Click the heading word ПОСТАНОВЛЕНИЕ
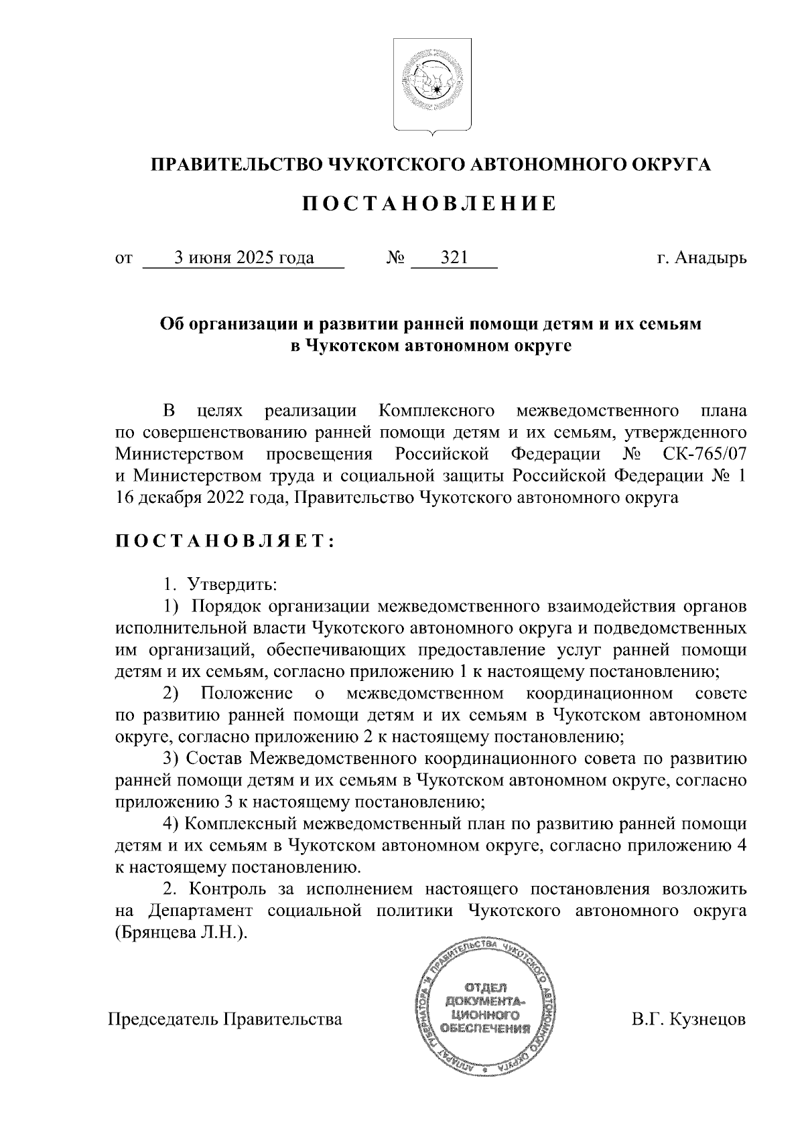tap(429, 204)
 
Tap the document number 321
tap(454, 258)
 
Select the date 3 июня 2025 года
tap(244, 258)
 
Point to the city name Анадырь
tap(711, 258)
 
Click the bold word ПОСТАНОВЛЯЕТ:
tap(225, 542)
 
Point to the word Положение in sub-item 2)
tap(247, 693)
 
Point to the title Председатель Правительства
tap(225, 1020)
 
